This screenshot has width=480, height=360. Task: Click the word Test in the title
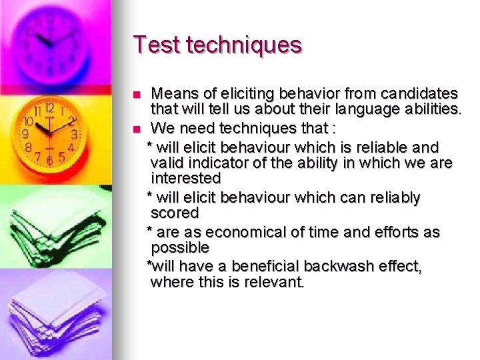pos(157,45)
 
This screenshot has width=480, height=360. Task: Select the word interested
pos(185,179)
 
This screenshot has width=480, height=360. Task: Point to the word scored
pos(175,213)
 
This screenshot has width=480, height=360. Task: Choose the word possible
pos(179,248)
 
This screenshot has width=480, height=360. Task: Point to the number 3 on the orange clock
pos(74,134)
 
